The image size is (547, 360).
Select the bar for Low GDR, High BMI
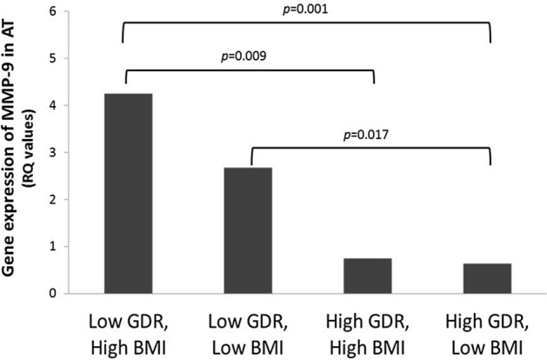[x=128, y=193]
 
